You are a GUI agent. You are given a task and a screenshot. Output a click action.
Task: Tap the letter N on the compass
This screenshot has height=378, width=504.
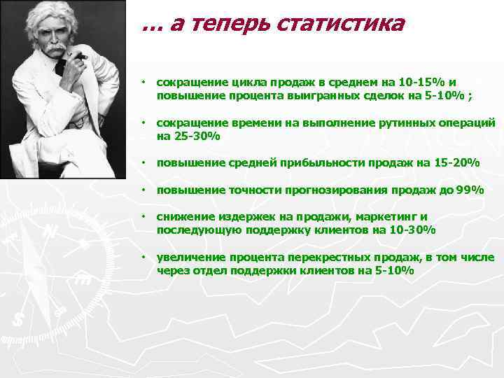[50, 231]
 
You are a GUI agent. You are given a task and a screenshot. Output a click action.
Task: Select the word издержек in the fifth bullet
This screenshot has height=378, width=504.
[244, 216]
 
